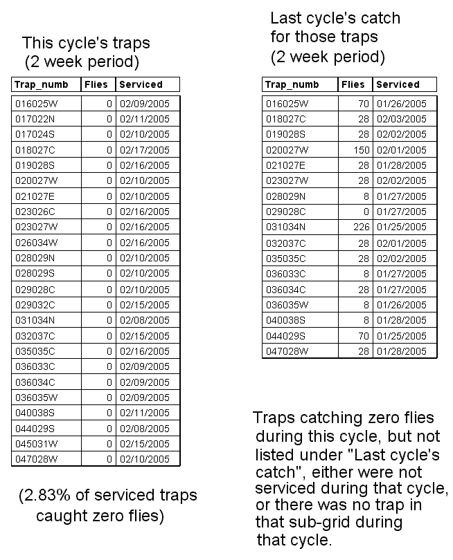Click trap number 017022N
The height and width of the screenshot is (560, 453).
coord(35,119)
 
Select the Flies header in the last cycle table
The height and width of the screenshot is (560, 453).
coord(353,85)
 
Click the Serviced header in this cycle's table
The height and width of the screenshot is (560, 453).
coord(141,85)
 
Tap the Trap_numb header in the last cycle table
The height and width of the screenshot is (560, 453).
coord(292,85)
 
